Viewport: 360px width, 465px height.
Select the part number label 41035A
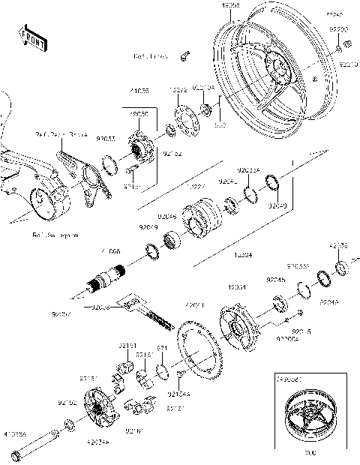[16, 434]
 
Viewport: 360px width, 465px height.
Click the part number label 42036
[338, 245]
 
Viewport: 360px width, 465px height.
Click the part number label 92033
[106, 139]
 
